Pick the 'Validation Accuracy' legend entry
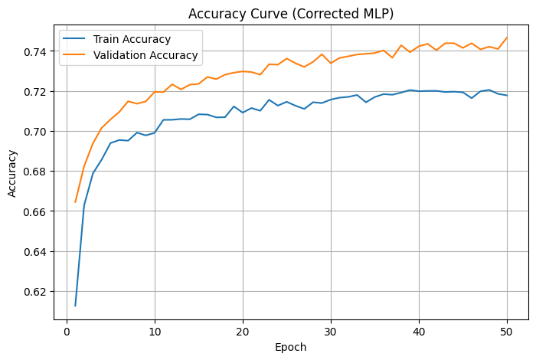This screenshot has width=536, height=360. click(145, 55)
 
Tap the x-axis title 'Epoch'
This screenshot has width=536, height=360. click(291, 347)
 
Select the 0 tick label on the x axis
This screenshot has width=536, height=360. click(67, 331)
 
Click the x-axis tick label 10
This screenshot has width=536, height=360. click(155, 331)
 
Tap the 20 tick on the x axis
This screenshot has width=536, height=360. click(243, 331)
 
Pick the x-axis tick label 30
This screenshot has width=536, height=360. click(331, 331)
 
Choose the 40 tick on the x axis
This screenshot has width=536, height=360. click(419, 331)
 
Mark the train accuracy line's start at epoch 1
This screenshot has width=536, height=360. click(75, 306)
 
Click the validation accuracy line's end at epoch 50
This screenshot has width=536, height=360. click(507, 38)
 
